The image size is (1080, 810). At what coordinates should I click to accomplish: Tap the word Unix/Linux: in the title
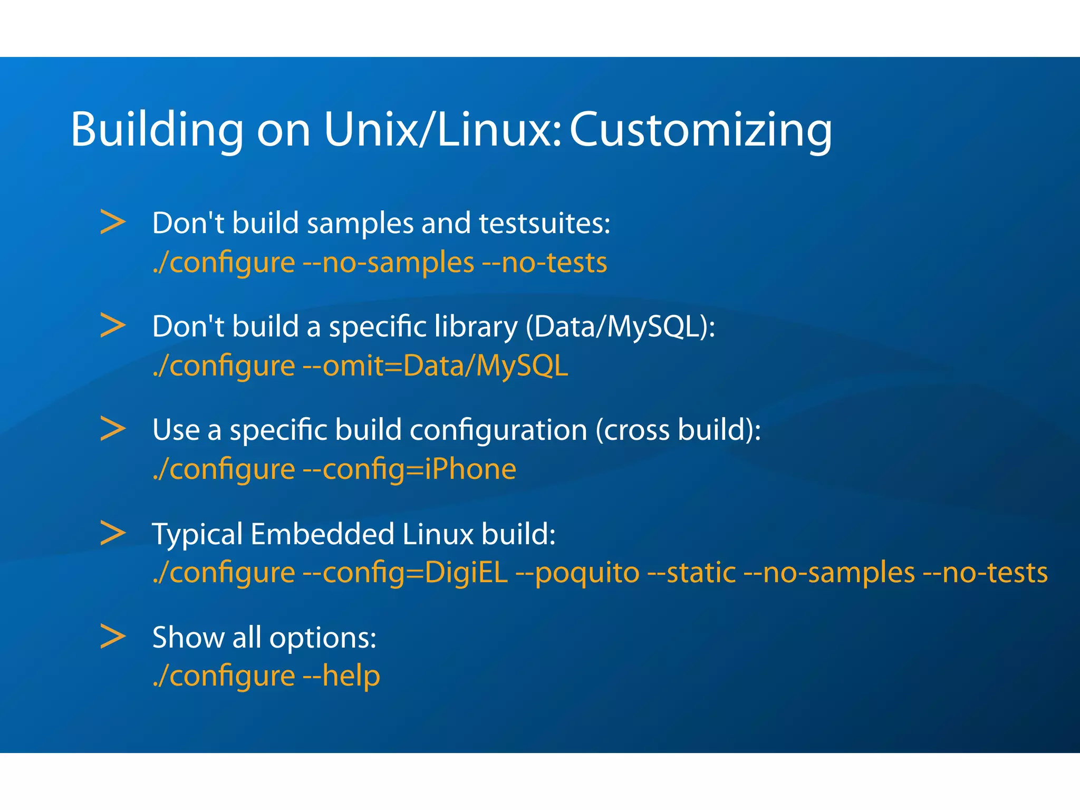(442, 129)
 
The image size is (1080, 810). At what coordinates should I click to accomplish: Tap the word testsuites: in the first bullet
(544, 223)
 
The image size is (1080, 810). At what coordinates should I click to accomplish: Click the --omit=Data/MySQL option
(436, 365)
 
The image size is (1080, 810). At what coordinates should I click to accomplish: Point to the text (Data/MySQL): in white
(620, 326)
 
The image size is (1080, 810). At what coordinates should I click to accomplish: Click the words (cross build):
(678, 430)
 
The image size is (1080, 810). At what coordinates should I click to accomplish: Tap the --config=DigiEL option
(405, 573)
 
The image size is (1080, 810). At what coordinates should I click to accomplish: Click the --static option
(691, 573)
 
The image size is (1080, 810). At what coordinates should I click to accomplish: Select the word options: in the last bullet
(323, 638)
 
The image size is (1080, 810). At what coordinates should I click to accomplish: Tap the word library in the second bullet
(476, 326)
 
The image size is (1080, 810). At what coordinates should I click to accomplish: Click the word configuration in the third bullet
(498, 430)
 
